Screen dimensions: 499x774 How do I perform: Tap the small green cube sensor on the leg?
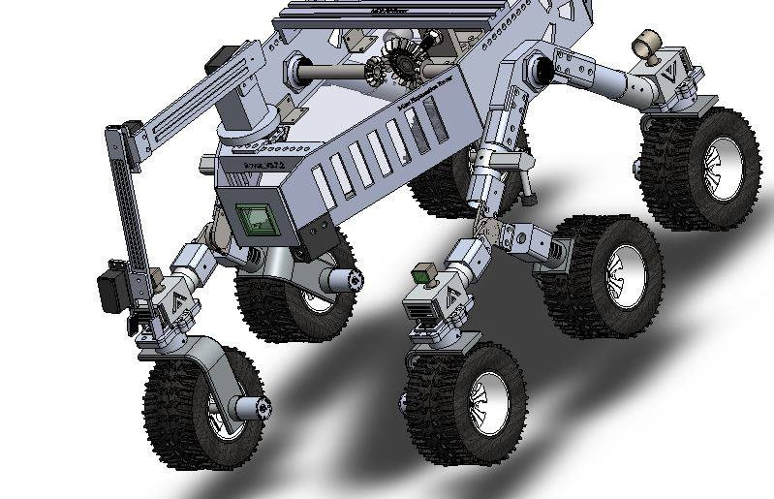(422, 274)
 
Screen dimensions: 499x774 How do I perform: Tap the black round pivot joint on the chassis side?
(540, 69)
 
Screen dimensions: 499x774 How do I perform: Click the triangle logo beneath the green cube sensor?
(449, 302)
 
